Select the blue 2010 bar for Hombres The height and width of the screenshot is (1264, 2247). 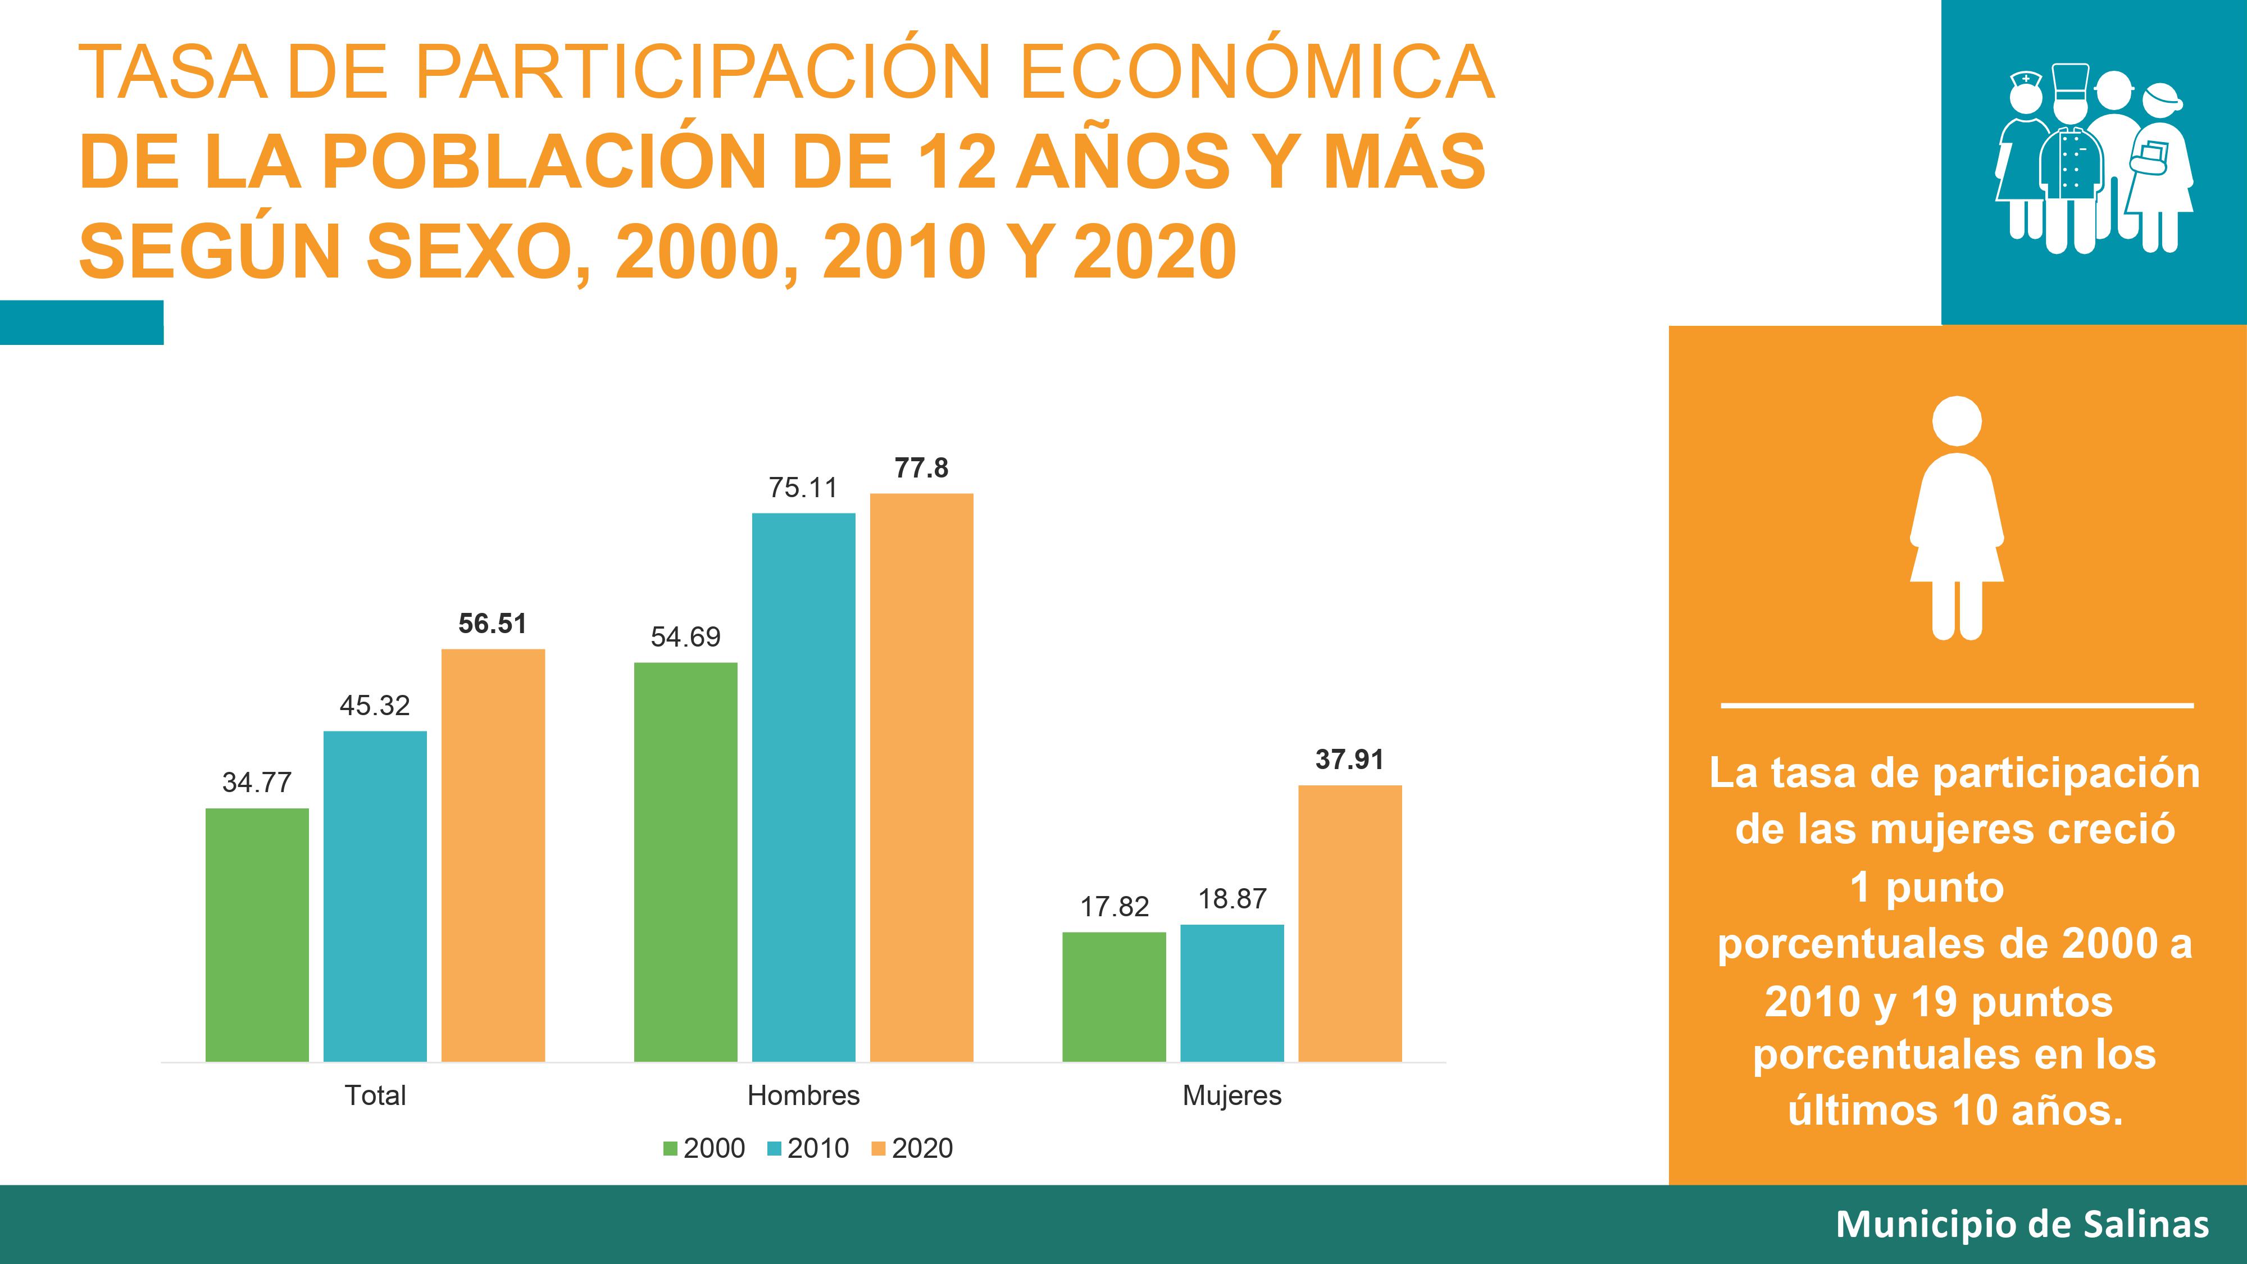[x=803, y=787]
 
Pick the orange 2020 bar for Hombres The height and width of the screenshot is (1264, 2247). [x=921, y=778]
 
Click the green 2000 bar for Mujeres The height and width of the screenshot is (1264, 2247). [x=1114, y=996]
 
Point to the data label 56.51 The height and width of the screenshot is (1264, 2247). [x=492, y=624]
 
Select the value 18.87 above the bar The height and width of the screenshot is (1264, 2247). [x=1232, y=898]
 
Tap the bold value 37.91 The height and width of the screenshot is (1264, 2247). [x=1349, y=760]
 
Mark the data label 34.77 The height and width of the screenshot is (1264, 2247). [x=257, y=783]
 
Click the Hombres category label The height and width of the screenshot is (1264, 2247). [x=803, y=1095]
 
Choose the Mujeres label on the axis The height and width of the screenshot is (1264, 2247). [x=1232, y=1095]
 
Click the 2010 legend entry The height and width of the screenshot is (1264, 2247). [x=808, y=1148]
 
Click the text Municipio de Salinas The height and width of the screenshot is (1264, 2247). [x=2022, y=1224]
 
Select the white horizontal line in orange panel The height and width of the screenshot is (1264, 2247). [x=1957, y=705]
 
